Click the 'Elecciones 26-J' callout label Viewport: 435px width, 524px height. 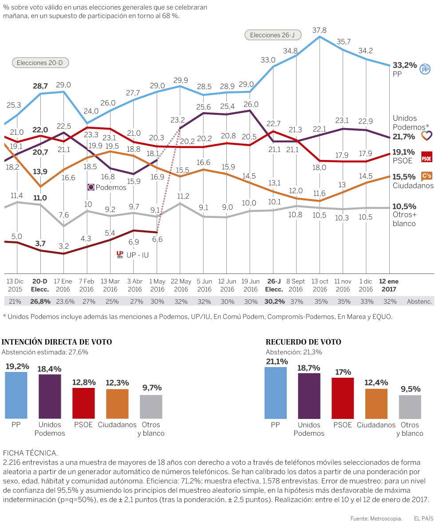[x=269, y=35]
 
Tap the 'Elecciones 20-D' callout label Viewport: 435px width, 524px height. [x=40, y=63]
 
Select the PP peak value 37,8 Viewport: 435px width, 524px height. [x=320, y=30]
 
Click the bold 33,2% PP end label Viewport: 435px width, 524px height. [x=404, y=65]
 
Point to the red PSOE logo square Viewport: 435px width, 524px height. [x=427, y=157]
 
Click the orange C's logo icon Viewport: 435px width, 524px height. [x=427, y=176]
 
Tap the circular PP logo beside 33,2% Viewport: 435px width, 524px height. [x=426, y=69]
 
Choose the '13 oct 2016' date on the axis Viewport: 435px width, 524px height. [x=320, y=285]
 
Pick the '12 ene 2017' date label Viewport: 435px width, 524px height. [x=389, y=285]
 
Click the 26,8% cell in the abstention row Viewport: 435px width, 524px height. [x=40, y=301]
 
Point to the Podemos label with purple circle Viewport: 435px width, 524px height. [x=107, y=187]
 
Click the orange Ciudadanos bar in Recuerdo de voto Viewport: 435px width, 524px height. [x=376, y=403]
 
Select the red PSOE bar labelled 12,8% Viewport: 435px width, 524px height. [x=83, y=403]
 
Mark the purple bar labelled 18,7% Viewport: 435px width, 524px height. [x=309, y=396]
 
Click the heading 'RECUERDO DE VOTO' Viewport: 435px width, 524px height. [x=303, y=342]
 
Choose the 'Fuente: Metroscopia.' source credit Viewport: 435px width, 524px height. [x=376, y=518]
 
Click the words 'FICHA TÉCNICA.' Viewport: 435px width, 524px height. [x=30, y=453]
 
